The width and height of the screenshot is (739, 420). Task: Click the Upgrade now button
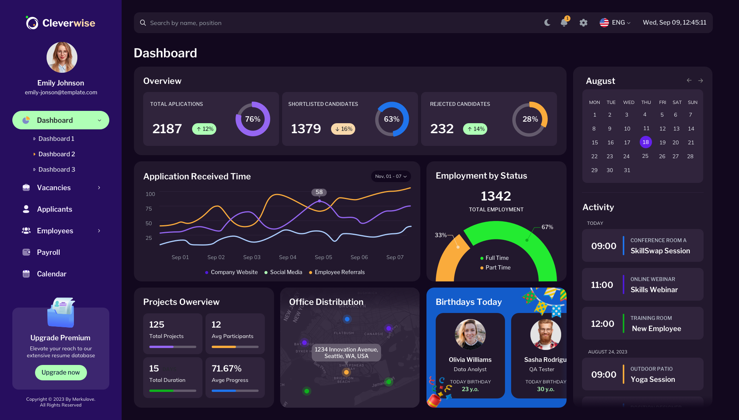coord(61,372)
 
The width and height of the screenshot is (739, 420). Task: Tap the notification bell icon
coord(564,23)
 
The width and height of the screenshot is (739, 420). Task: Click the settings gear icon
coord(584,23)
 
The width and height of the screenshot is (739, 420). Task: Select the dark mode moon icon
coord(547,23)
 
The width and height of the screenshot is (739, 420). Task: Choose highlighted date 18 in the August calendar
coord(645,142)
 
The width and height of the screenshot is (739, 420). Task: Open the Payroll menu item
coord(48,252)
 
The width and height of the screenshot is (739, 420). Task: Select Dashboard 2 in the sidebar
coord(57,154)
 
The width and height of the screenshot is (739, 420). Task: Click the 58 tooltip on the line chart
coord(319,192)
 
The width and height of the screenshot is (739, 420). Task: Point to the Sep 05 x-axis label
coord(323,257)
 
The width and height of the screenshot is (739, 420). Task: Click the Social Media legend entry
coord(286,272)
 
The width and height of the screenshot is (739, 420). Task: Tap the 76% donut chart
coord(252,119)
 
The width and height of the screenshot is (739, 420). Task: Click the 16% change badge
coord(343,129)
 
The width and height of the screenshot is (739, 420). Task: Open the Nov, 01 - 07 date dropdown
coord(391,176)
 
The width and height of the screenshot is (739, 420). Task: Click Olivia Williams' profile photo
coord(470,334)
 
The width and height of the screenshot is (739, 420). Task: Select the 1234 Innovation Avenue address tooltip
coord(346,353)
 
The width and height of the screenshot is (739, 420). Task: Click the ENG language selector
coord(615,23)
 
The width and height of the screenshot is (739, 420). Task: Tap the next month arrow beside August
coord(701,80)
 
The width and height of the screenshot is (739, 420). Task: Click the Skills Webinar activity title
coord(654,289)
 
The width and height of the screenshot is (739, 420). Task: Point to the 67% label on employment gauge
coord(547,227)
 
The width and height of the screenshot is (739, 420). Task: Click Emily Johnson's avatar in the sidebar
coord(62,57)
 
